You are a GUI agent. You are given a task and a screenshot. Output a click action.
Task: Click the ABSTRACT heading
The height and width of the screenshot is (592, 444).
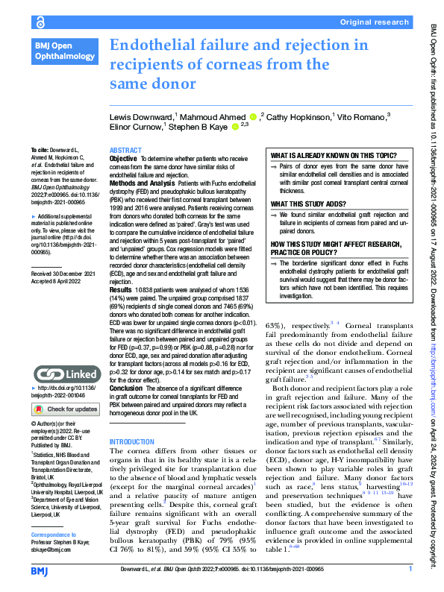(x=125, y=151)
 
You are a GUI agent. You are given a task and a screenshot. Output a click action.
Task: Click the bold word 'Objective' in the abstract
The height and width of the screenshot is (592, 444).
(x=123, y=160)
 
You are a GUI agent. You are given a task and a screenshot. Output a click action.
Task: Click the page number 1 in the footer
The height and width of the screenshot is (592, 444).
(x=410, y=569)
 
